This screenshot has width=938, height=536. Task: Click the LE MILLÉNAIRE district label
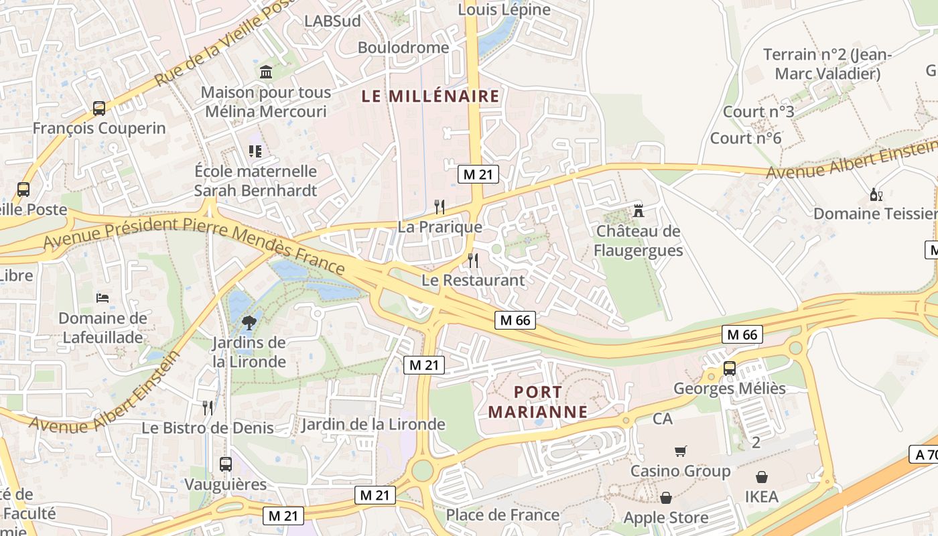[430, 96]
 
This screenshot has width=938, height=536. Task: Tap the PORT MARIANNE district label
[538, 401]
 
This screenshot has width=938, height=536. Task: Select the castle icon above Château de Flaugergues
[639, 211]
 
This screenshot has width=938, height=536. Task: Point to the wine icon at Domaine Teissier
[876, 194]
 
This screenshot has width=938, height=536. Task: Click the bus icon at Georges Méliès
[730, 368]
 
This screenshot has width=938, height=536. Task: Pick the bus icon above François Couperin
[99, 108]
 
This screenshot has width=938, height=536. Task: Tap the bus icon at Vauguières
[226, 464]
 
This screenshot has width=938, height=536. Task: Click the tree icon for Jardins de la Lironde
[249, 322]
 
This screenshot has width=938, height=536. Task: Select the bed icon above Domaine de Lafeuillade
[103, 297]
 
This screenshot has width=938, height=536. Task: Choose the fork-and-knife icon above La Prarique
[440, 206]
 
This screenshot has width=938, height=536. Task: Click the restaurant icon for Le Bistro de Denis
[208, 407]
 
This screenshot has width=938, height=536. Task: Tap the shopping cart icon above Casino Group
[681, 451]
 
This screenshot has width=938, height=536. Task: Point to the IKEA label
[762, 496]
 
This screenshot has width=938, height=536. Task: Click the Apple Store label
[665, 517]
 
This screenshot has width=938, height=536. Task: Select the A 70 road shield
[925, 455]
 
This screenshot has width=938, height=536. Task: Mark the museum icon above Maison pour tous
[266, 72]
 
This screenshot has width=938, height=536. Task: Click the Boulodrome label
[403, 48]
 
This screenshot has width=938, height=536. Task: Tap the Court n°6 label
[746, 138]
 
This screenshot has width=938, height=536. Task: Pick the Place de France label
[503, 515]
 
